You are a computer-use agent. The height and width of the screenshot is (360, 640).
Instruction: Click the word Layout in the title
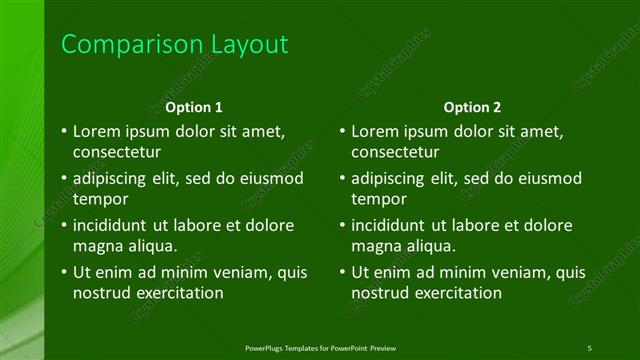click(x=249, y=45)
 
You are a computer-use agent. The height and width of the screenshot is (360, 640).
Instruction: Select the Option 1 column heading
click(x=194, y=107)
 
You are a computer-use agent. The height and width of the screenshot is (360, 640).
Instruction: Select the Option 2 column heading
click(x=473, y=107)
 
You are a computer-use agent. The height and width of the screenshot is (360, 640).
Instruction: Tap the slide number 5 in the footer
click(x=590, y=346)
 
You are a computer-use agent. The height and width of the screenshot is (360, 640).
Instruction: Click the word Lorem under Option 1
click(x=99, y=131)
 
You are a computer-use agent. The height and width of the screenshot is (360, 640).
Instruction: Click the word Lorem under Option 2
click(x=378, y=131)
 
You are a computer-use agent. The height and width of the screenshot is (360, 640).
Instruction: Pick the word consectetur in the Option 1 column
click(x=118, y=152)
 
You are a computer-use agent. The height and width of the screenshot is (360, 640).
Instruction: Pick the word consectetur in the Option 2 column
click(x=396, y=152)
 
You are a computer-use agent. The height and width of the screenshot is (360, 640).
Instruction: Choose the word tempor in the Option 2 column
click(x=377, y=199)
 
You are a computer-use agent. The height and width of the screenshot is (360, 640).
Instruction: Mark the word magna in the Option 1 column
click(x=97, y=246)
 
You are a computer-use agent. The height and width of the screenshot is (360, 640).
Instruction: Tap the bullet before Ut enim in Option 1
click(x=63, y=272)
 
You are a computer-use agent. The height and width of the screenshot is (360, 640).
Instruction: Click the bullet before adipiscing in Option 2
click(x=342, y=179)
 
